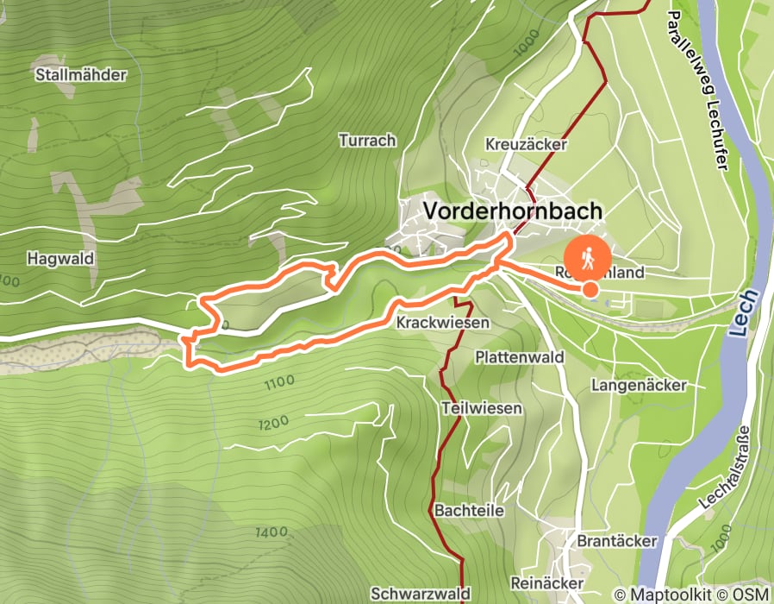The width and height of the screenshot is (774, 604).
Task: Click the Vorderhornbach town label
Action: [512, 211]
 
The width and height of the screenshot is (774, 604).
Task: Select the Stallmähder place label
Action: [81, 75]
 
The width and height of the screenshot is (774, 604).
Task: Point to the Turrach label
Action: [367, 140]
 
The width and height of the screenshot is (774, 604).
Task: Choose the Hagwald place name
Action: [59, 258]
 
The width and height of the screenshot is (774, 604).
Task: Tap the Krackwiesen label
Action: [443, 323]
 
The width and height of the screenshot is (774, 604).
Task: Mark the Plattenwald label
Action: [519, 357]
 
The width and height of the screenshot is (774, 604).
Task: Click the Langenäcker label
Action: [639, 386]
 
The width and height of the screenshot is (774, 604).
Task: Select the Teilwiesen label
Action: [481, 408]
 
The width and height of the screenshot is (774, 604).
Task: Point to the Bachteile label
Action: [470, 510]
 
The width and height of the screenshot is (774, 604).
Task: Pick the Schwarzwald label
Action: [421, 594]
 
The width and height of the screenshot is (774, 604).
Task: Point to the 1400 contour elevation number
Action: [272, 532]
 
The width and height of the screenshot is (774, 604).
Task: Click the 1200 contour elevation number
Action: [273, 424]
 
